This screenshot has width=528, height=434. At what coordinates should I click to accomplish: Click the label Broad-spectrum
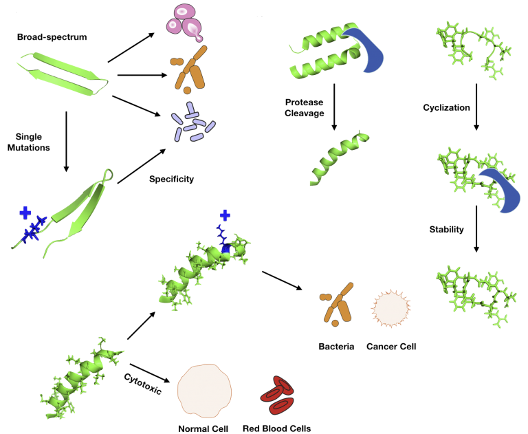coord(52,36)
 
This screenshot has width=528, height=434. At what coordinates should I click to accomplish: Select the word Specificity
coord(171,179)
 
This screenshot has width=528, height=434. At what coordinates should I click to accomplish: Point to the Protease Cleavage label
coord(304,108)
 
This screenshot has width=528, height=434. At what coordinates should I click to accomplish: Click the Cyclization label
coord(445,108)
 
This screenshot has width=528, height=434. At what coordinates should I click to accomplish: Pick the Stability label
coord(445,229)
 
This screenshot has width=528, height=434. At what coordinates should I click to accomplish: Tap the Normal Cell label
coord(203,428)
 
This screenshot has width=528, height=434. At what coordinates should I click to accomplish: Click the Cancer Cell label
coord(392,346)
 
